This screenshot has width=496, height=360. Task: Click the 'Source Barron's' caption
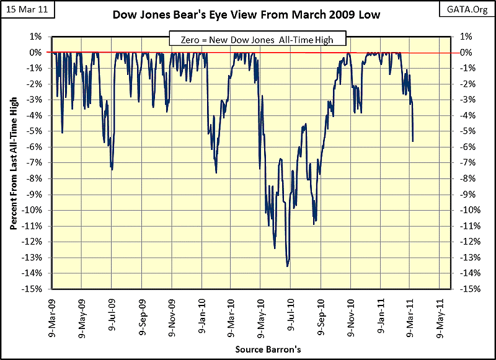268,349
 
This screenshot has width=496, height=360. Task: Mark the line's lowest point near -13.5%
287,266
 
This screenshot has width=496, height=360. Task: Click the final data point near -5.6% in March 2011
413,141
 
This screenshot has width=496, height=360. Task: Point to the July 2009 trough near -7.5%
112,169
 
